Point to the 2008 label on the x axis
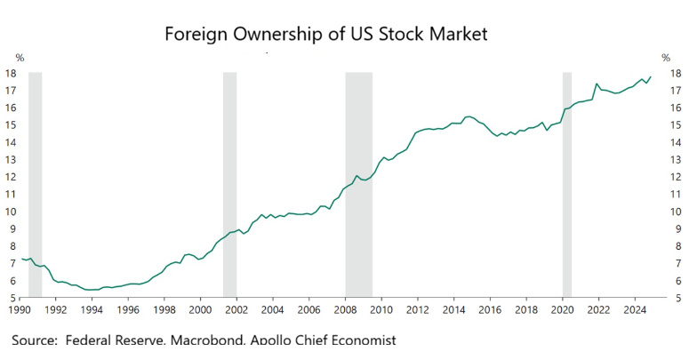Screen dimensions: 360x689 pos(346,310)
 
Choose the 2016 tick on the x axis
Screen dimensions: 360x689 pos(491,310)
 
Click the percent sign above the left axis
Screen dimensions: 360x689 pos(20,58)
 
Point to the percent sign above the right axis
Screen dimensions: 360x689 pos(666,58)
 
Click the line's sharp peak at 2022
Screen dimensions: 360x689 pos(597,84)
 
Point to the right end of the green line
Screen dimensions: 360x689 pos(651,76)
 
